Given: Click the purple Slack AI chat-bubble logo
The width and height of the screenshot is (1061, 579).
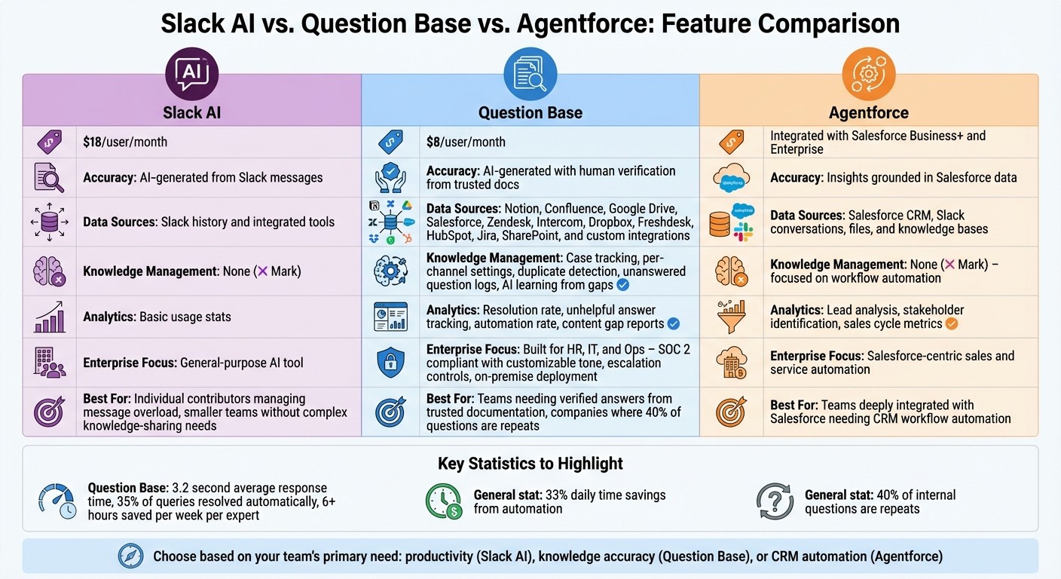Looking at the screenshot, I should pos(191,74).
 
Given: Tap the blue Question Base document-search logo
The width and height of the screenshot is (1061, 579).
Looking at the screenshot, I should pos(530,74).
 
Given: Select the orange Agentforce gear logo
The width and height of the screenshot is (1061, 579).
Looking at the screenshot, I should pos(868,74).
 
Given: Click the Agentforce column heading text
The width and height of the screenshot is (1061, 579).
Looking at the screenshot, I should pos(868,113).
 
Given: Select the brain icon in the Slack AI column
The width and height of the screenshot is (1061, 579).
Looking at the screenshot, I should pos(50,271).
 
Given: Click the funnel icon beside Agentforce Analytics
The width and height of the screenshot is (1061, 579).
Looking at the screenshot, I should pos(729,317).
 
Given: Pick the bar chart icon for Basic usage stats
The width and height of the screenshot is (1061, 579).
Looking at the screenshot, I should pos(50,317).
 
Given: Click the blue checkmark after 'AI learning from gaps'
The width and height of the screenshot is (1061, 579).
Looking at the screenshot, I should pos(622,285).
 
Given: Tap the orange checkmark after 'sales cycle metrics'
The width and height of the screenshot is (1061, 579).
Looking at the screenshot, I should pos(951,324).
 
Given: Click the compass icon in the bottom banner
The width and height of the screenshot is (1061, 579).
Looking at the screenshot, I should pos(130,556).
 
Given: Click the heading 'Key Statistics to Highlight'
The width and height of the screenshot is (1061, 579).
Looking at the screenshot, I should pos(530,463).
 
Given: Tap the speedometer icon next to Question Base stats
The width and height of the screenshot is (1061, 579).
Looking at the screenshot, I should pos(57,501).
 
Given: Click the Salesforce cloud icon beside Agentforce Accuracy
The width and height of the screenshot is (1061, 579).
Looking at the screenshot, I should pos(729,179).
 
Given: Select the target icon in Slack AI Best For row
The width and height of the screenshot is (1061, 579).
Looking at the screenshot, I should pos(50,412).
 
